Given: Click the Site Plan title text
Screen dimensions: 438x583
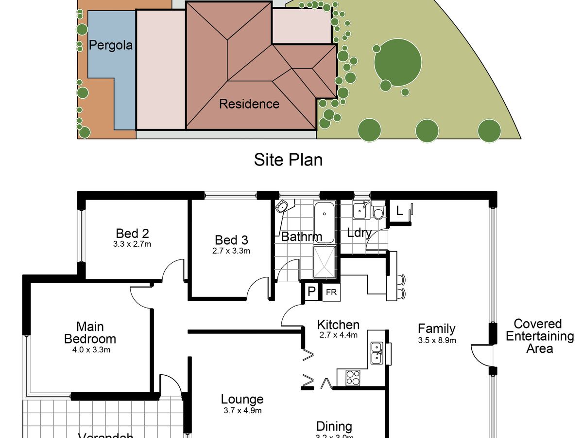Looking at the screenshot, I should pyautogui.click(x=288, y=160).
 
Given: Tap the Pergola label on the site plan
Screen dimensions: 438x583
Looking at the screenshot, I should pyautogui.click(x=111, y=46).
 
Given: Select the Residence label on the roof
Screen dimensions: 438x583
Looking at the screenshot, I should pyautogui.click(x=249, y=104).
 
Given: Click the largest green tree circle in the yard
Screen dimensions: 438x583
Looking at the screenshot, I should pyautogui.click(x=397, y=62).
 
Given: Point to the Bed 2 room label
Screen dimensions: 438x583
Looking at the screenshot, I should pyautogui.click(x=132, y=233).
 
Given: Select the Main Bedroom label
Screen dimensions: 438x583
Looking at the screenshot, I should pyautogui.click(x=90, y=333).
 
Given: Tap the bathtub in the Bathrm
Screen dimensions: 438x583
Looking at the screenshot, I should pyautogui.click(x=324, y=223).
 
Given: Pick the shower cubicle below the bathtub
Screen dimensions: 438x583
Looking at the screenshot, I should pyautogui.click(x=324, y=262).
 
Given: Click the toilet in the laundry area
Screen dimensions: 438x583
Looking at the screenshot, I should pyautogui.click(x=378, y=213).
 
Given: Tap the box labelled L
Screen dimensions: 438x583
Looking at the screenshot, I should pyautogui.click(x=399, y=212).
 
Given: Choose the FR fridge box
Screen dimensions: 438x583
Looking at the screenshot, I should pyautogui.click(x=331, y=292).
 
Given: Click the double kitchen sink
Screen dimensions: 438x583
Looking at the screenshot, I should pyautogui.click(x=377, y=353).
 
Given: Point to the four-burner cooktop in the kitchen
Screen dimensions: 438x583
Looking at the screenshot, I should pyautogui.click(x=354, y=377).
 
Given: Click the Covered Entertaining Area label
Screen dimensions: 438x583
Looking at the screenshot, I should pyautogui.click(x=539, y=336).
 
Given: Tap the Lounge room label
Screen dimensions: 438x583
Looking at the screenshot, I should pyautogui.click(x=242, y=400).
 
